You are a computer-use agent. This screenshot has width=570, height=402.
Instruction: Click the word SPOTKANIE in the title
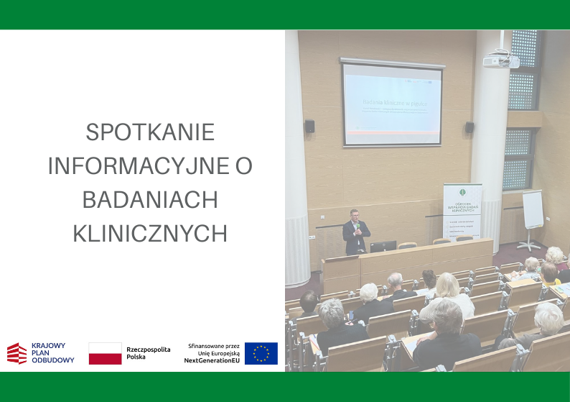(x=150, y=133)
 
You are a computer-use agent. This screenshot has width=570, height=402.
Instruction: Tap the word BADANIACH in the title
(x=150, y=200)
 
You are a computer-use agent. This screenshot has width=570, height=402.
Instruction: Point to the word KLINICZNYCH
(x=150, y=233)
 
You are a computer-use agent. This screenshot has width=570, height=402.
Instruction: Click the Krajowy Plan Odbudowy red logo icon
(x=17, y=353)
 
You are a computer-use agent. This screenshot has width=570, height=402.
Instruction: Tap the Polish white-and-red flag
(x=105, y=353)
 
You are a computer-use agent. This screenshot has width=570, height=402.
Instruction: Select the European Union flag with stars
(x=261, y=353)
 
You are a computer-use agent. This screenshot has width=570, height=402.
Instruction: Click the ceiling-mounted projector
(x=499, y=62)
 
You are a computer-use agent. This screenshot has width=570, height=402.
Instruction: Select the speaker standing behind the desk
(x=356, y=232)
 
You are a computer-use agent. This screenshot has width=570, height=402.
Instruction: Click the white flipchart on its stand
(x=532, y=210)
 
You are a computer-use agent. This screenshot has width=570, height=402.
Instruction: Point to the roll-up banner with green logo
(x=462, y=212)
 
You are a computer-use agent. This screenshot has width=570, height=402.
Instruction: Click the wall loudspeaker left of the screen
(x=309, y=127)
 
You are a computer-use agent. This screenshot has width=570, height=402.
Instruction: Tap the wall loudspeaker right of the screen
(x=469, y=127)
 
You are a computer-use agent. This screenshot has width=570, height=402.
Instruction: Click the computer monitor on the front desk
(x=383, y=246)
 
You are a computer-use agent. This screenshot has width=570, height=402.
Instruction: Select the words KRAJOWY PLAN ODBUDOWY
(x=52, y=353)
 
